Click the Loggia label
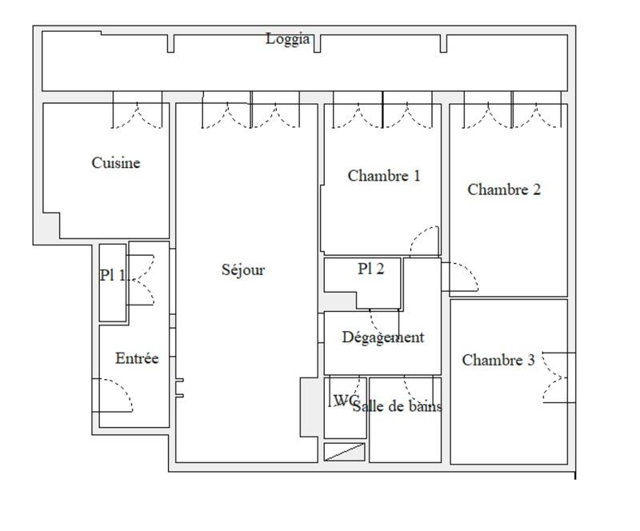(x=287, y=39)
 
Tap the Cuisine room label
(x=116, y=163)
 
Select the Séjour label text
(x=242, y=270)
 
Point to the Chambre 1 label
(x=383, y=176)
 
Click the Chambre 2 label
(x=504, y=190)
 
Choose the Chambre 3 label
(x=498, y=361)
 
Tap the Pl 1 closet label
(x=112, y=276)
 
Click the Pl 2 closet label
(x=370, y=269)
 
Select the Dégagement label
(x=383, y=337)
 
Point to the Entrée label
(x=137, y=359)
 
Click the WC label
(x=344, y=401)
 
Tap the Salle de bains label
(x=397, y=406)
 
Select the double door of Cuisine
(x=137, y=114)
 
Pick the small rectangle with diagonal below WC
(x=344, y=452)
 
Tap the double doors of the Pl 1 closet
(x=140, y=280)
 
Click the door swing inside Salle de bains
(x=418, y=390)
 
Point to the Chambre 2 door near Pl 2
(x=461, y=277)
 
